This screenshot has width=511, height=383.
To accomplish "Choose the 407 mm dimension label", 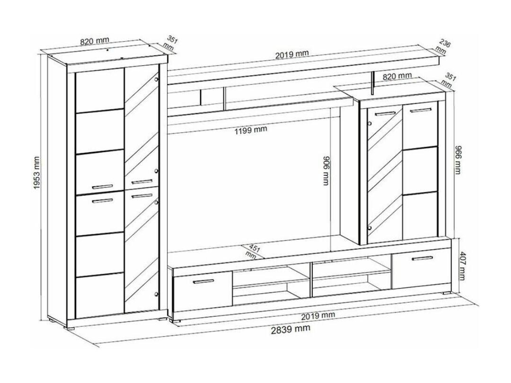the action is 462,265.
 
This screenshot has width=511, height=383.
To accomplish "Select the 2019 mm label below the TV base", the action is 318,316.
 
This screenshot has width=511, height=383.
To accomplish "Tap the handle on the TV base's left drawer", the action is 203,281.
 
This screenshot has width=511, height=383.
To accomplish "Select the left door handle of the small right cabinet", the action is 385,113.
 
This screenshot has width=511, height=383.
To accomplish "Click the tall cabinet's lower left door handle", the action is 102,201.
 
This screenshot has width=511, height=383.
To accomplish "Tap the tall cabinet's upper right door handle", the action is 142,182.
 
